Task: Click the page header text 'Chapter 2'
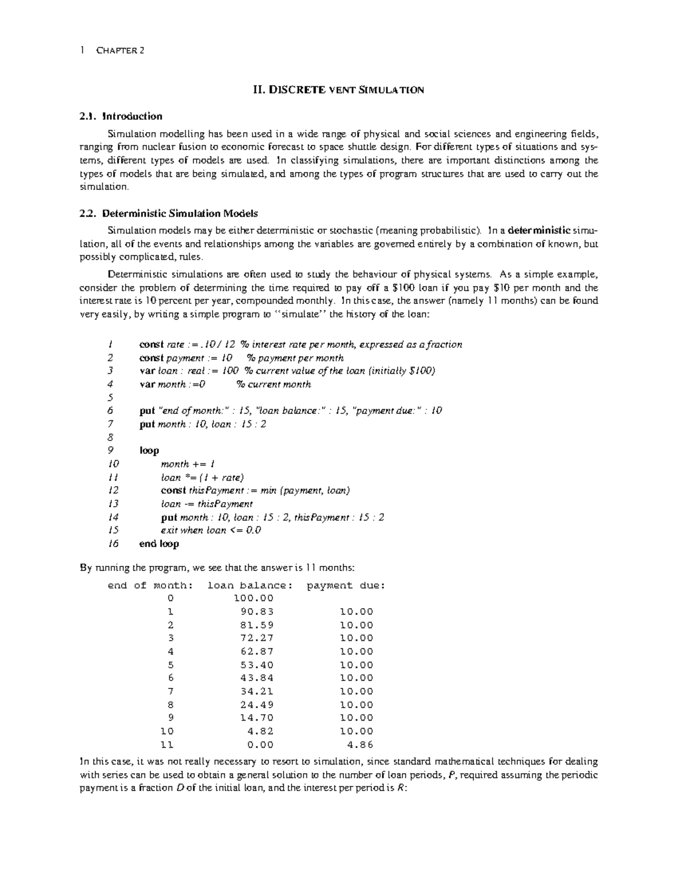(x=120, y=50)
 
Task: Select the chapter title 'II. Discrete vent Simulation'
(x=337, y=89)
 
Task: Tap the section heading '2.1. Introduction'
(x=121, y=116)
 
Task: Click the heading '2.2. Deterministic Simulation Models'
(x=169, y=213)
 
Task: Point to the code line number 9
(x=110, y=451)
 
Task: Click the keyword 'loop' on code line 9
(x=149, y=451)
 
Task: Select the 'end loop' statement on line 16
(x=159, y=544)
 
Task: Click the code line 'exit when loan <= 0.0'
(x=211, y=530)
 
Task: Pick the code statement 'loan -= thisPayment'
(x=207, y=504)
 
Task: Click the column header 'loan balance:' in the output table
(x=251, y=586)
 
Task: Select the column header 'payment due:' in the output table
(x=346, y=586)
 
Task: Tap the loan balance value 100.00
(x=254, y=598)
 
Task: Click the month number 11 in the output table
(x=167, y=744)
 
